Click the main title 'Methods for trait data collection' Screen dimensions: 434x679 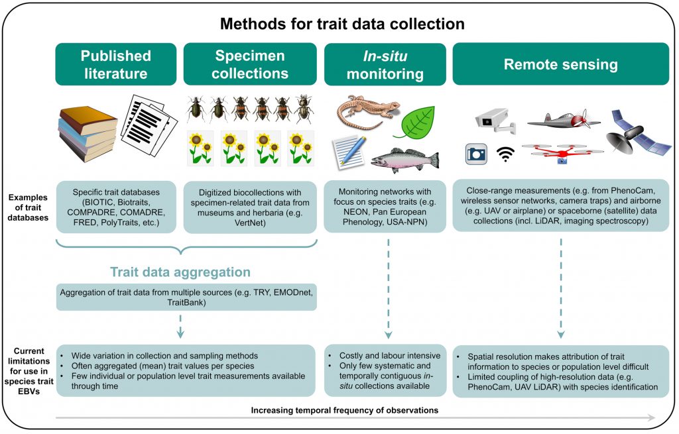click(342, 25)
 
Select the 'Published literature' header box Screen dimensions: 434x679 click(116, 64)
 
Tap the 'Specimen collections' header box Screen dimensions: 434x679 click(249, 64)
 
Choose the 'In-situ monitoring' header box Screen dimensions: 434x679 click(385, 64)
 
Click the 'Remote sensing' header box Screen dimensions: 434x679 click(560, 64)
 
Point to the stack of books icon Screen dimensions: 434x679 click(88, 131)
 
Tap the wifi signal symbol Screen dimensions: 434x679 click(506, 154)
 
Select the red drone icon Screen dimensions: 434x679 click(562, 153)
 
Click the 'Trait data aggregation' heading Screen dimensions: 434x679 click(180, 272)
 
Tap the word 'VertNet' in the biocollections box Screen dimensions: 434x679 click(249, 224)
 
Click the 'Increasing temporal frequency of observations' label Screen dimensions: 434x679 click(344, 410)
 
